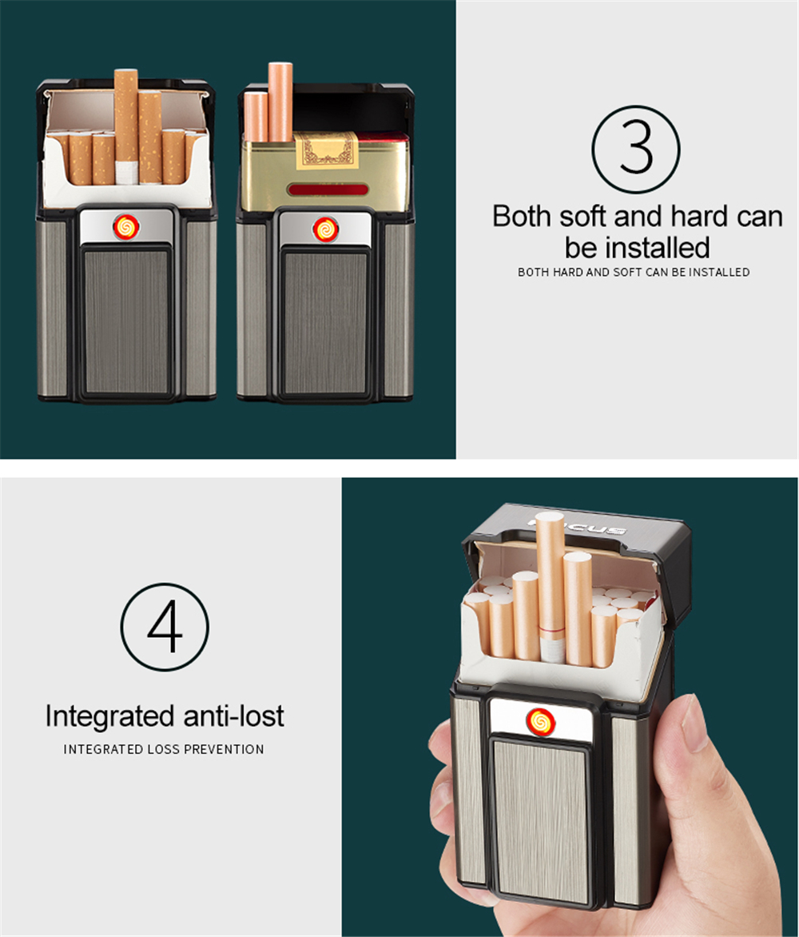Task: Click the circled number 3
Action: (635, 150)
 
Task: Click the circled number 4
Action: (165, 627)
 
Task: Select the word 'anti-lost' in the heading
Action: (233, 716)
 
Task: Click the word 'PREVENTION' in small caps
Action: (228, 749)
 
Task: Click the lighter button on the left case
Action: (126, 226)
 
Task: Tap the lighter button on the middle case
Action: (325, 229)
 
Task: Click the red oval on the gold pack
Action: (328, 190)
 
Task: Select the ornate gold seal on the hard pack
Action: (326, 150)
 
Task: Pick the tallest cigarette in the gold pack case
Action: (280, 102)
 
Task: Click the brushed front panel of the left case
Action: (126, 322)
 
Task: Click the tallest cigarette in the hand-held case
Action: (550, 588)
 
